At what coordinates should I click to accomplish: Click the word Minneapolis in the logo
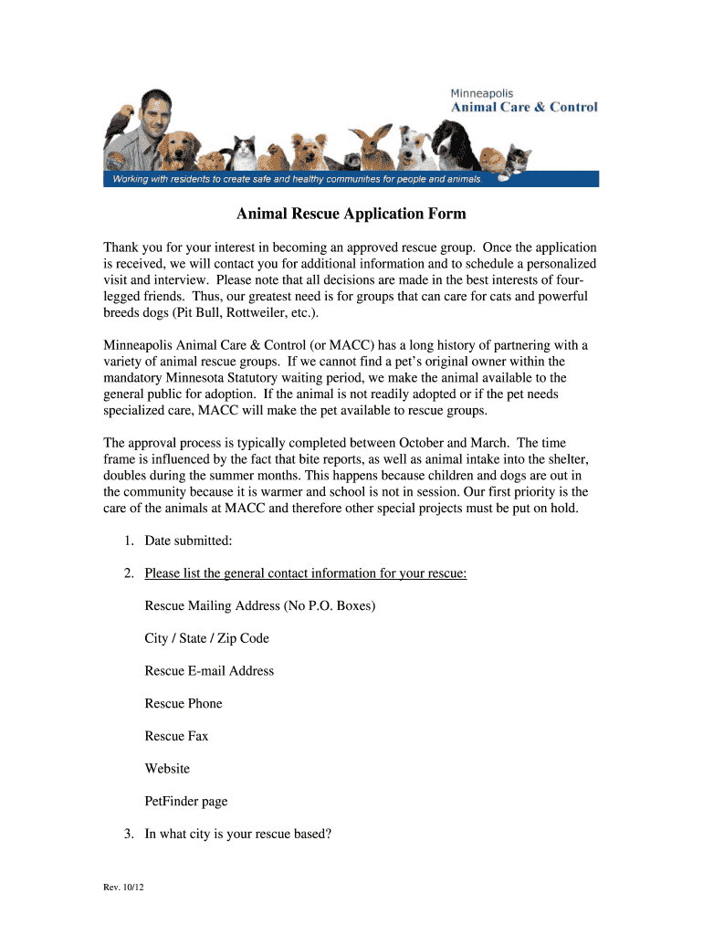tap(481, 93)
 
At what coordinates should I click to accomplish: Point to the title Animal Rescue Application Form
tap(351, 214)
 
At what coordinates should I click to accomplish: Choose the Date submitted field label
tap(188, 541)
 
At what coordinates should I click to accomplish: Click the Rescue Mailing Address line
tap(259, 605)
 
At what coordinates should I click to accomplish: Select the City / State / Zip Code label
tap(206, 638)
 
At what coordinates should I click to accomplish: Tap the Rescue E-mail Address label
tap(209, 671)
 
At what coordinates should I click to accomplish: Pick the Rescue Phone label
tap(183, 703)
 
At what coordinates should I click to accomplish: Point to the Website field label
tap(167, 769)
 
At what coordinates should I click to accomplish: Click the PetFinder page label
tap(185, 802)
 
